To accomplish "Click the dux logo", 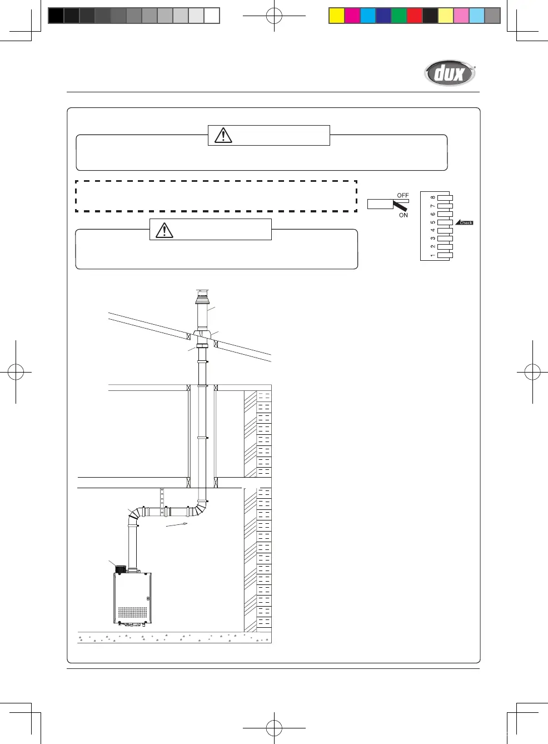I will pos(449,73).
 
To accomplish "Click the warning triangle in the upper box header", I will pos(223,135).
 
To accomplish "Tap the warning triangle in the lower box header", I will pos(165,230).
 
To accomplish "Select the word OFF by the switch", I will pos(402,195).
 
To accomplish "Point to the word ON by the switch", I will pos(403,215).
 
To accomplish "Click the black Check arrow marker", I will pos(464,222).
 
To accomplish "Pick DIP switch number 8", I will pos(445,198).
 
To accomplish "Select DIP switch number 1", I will pos(445,255).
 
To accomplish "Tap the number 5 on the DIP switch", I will pos(433,222).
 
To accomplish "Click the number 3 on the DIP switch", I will pos(433,239).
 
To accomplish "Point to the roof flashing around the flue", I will pos(202,334).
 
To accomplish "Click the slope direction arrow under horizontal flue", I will pos(177,524).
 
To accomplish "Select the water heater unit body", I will pos(132,598).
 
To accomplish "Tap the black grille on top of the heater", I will pos(121,568).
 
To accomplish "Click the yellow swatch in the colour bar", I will pos(337,16).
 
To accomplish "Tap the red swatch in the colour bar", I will pos(415,16).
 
